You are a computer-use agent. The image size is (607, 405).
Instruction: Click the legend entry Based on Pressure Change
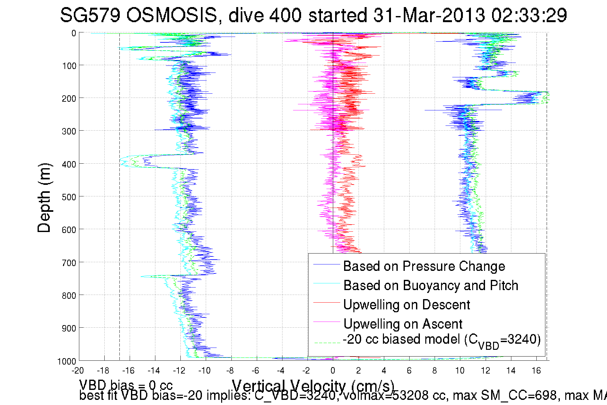coord(424,266)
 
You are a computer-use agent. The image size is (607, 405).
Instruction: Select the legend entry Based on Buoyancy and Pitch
coord(430,285)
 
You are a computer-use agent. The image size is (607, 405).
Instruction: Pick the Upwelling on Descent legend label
coord(406,305)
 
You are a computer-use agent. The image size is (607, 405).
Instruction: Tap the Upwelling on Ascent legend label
coord(403,324)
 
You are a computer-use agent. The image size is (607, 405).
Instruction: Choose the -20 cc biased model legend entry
coord(441,340)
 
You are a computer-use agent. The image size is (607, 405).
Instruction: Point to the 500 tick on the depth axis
coord(69,197)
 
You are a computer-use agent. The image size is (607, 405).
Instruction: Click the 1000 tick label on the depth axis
coord(67,362)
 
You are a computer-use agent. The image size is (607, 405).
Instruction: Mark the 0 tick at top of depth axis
coord(74,33)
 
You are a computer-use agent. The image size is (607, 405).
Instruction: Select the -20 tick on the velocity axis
coord(78,371)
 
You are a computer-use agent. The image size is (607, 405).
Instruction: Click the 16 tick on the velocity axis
coord(536,371)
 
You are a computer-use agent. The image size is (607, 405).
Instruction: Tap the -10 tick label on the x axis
coord(204,371)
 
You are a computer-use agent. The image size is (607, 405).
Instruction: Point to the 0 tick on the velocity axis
coord(333,371)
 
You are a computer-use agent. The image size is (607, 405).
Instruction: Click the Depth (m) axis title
coord(44,198)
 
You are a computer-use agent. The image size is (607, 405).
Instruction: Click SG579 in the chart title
coord(90,15)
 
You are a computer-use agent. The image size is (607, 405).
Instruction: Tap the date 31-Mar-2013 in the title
coord(429,15)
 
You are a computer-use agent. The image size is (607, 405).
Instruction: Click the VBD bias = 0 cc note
coord(126,385)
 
